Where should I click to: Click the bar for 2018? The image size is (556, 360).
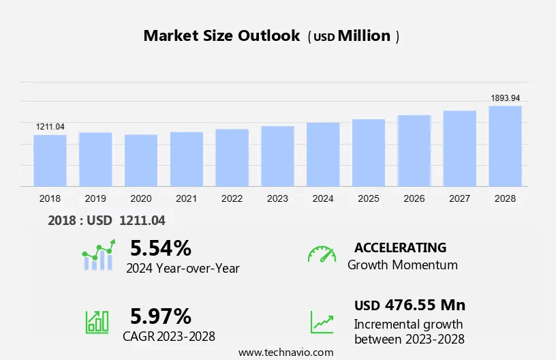50,160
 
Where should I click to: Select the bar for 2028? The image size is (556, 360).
505,146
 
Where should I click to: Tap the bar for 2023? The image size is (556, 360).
277,156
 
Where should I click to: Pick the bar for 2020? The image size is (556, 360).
141,160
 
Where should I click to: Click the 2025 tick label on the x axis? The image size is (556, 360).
369,198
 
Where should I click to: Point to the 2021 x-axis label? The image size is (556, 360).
187,198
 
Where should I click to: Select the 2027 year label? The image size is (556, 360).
460,198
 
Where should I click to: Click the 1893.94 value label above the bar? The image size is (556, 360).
505,98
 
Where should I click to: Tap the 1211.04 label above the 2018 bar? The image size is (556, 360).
50,127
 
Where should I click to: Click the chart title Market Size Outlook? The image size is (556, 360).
221,36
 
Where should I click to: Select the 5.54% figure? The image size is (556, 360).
161,247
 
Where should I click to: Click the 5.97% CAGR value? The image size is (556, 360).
161,316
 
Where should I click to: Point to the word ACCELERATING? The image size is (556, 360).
400,247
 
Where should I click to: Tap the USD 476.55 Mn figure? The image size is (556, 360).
410,305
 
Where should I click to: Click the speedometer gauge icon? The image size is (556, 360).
322,254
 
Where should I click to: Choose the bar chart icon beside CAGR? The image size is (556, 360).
97,322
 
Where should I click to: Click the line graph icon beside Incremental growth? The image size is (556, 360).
322,322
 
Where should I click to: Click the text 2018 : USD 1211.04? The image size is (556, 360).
107,220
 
